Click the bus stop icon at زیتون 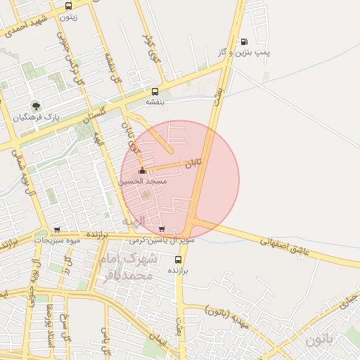click(68, 6)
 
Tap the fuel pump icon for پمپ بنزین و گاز click(244, 42)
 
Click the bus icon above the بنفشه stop click(155, 91)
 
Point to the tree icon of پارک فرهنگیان click(34, 106)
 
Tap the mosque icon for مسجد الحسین click(143, 170)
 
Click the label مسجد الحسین click(143, 181)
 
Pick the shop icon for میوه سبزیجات click(57, 229)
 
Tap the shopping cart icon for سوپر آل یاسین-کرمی click(162, 229)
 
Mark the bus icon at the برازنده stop click(177, 258)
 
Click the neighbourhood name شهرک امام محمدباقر click(127, 267)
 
